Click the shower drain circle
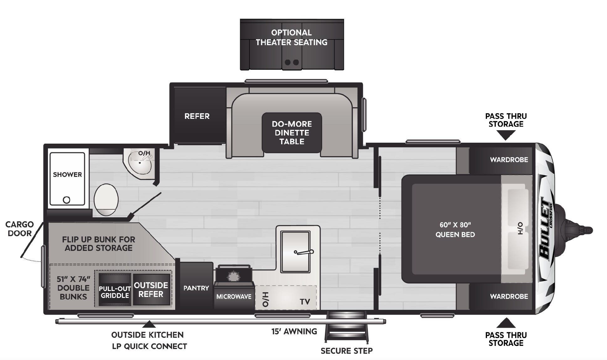tap(66, 199)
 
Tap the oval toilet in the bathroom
tap(106, 199)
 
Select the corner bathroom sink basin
tap(141, 164)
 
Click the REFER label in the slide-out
tap(197, 116)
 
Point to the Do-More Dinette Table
tap(292, 133)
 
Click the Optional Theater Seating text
tap(291, 37)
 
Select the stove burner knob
tap(233, 277)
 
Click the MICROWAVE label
tap(234, 296)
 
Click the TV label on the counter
tap(305, 302)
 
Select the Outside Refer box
tap(151, 289)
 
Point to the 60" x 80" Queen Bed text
tap(455, 230)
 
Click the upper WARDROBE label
tap(509, 160)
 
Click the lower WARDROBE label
tap(509, 296)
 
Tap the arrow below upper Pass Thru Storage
tap(506, 135)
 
